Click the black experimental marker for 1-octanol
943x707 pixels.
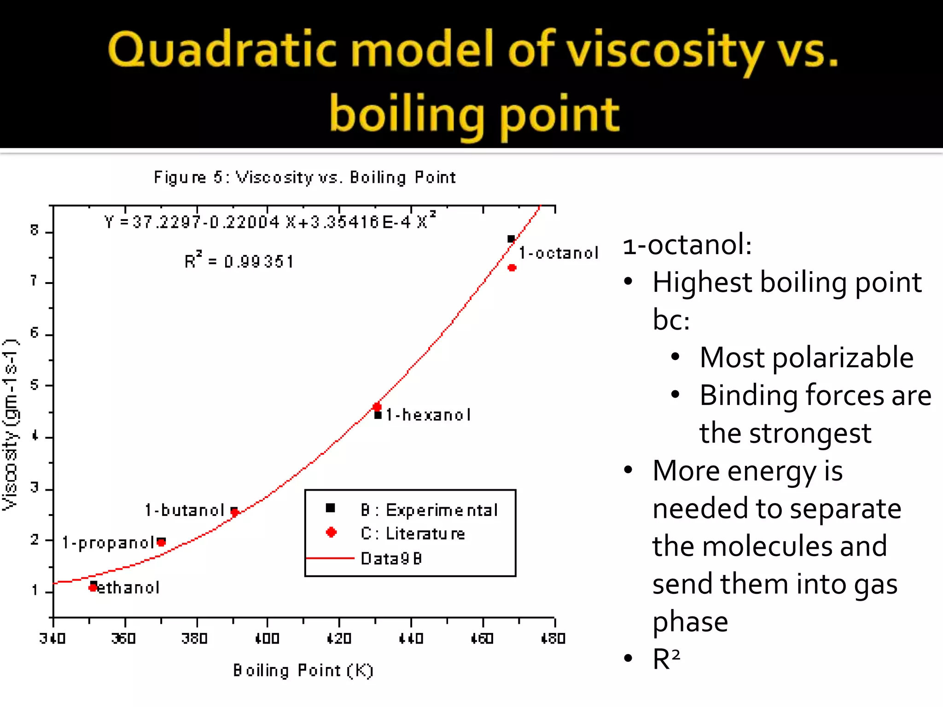tap(511, 239)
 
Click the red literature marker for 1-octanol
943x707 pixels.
tap(512, 267)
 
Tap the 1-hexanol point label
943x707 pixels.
tap(428, 415)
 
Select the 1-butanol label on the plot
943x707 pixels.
tap(185, 510)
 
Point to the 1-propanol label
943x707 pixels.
tap(108, 543)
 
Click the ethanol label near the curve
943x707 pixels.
tap(128, 588)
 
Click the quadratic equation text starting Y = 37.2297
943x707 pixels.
tap(270, 222)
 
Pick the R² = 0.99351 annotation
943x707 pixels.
tap(239, 261)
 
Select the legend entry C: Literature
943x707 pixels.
tap(413, 533)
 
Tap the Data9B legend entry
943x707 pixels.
tap(391, 558)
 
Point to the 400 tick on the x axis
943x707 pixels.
tap(268, 638)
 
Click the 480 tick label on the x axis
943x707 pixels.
tap(553, 638)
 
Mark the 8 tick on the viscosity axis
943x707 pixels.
tap(35, 230)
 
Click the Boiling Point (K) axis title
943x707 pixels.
tap(303, 670)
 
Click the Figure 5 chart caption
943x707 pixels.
tap(304, 177)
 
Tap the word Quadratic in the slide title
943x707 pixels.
tap(225, 50)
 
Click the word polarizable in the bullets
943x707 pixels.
tap(843, 358)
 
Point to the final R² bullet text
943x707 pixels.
tap(666, 659)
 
